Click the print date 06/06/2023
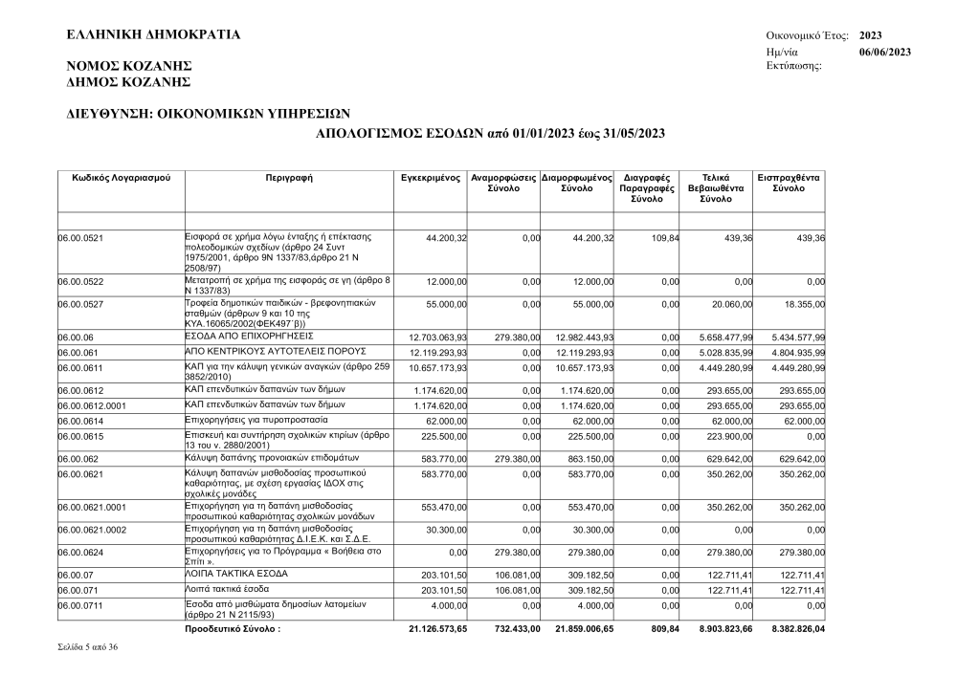coord(884,52)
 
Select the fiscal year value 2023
coord(871,35)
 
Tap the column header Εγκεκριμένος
coord(431,178)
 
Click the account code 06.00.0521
coord(80,238)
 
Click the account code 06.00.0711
coord(80,606)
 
